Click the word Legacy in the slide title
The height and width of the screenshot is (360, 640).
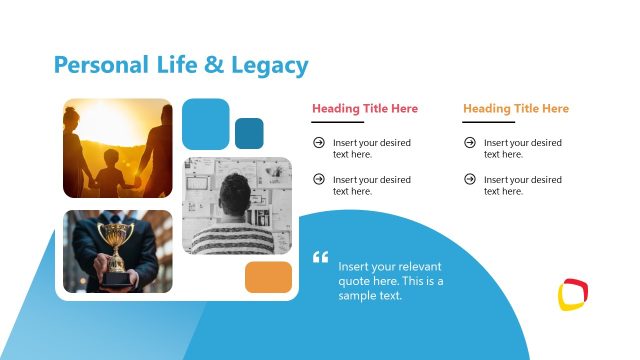[x=270, y=66]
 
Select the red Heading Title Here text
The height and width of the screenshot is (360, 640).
[x=365, y=109]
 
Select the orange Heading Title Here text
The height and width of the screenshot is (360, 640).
[x=516, y=109]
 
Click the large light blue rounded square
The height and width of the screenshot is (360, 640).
[x=206, y=124]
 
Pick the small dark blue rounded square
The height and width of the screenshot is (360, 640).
[x=249, y=133]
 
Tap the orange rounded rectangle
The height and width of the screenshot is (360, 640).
[x=268, y=277]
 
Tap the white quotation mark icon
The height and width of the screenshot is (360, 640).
[x=321, y=257]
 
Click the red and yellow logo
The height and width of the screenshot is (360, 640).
[x=573, y=294]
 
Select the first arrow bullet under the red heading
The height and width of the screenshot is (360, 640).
[x=319, y=143]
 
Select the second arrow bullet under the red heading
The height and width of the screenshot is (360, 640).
[x=319, y=179]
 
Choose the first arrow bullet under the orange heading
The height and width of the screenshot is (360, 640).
[x=470, y=143]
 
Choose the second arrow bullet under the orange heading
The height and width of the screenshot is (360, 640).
[x=470, y=179]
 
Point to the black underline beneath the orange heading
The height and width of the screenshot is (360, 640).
[x=488, y=122]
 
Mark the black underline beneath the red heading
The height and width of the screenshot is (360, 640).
[x=337, y=122]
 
